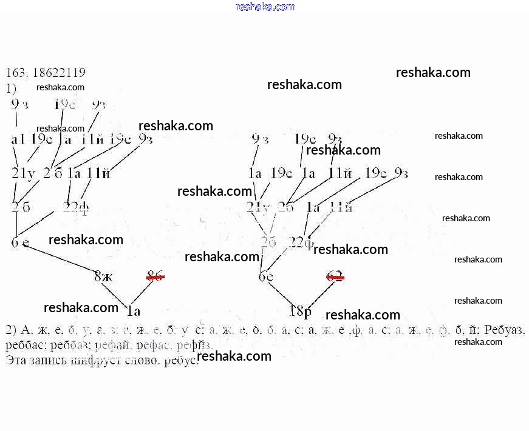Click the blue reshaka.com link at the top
pos(265,7)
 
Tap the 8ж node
pos(103,276)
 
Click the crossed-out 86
pos(155,276)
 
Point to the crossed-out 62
pos(335,277)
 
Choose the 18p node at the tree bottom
pos(301,312)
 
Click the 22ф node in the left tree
pos(77,207)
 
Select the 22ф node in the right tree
pos(302,243)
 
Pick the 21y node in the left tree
pos(24,173)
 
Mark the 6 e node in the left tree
pos(20,243)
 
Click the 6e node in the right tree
pos(265,277)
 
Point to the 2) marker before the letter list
pos(10,330)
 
